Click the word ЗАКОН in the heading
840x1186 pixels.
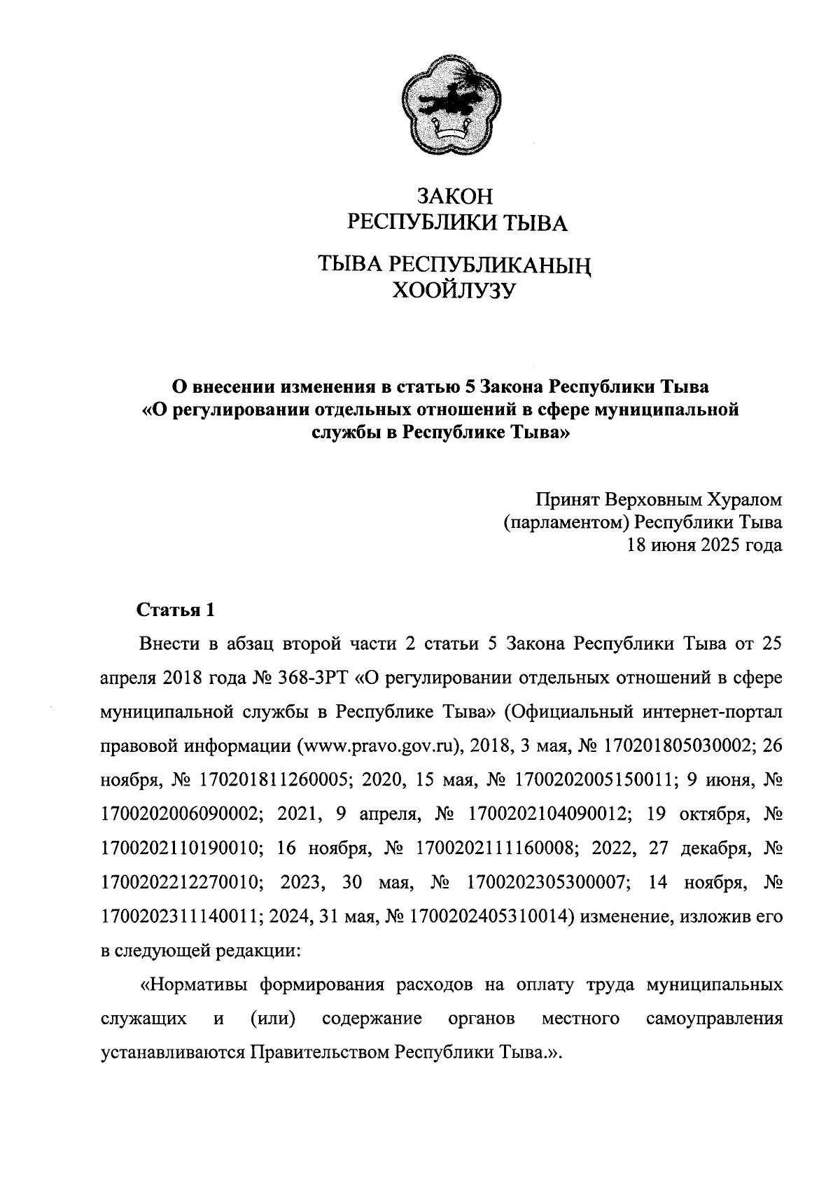pos(456,195)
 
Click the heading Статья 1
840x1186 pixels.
pos(174,610)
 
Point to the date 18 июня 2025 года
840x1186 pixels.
pos(703,546)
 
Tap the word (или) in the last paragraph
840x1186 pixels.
pos(272,1018)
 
